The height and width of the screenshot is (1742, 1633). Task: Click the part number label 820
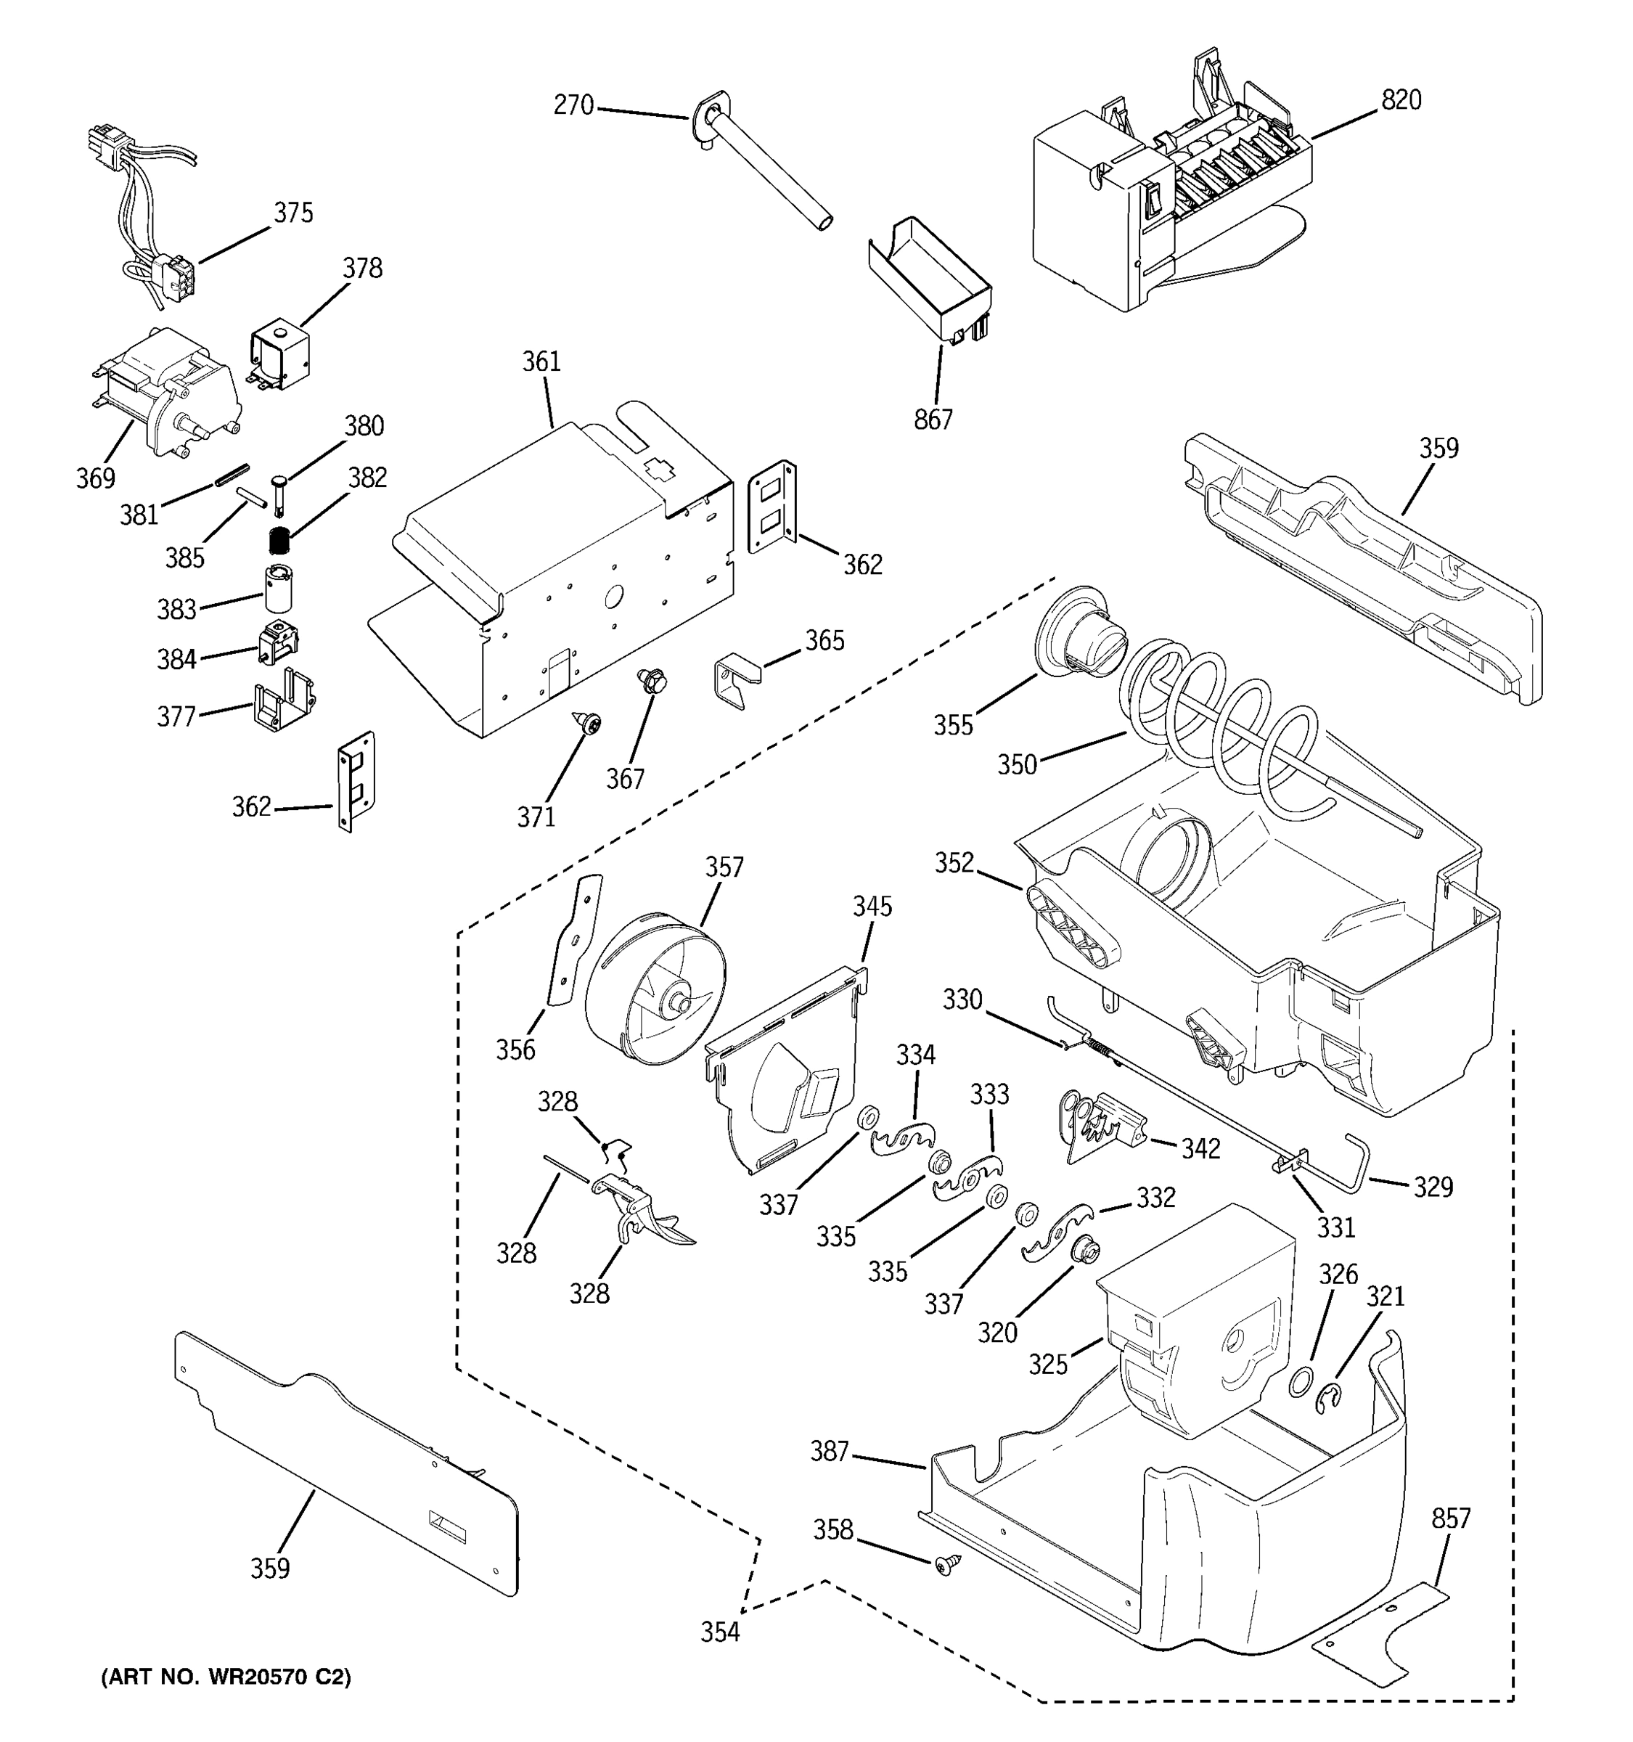coord(1401,101)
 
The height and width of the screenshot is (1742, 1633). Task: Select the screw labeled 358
coord(947,1563)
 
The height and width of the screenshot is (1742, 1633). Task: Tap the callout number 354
coord(719,1632)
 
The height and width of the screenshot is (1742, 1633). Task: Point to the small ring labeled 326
coord(1301,1382)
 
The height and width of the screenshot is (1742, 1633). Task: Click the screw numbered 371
coord(589,724)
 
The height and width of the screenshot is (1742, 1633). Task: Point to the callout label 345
coord(872,906)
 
